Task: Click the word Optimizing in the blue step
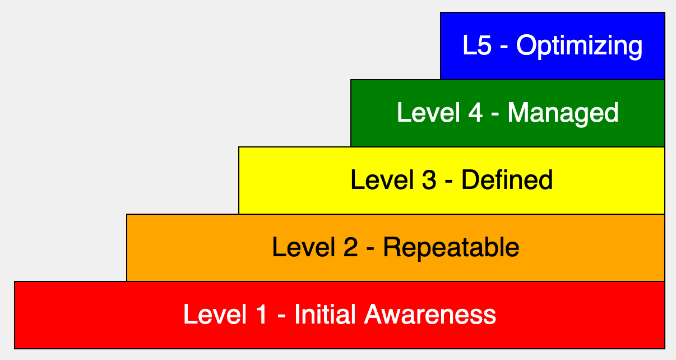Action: tap(579, 47)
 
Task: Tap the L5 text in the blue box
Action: tap(477, 45)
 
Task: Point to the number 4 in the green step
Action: tap(475, 112)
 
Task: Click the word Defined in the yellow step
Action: tap(507, 179)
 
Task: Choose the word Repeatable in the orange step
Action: tap(451, 248)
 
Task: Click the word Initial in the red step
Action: tap(325, 315)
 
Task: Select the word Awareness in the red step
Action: tap(430, 315)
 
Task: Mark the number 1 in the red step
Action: tap(261, 315)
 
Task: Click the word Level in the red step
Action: tap(215, 315)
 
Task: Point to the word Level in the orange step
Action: tap(304, 247)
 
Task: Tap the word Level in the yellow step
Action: tap(382, 179)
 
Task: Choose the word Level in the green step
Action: tap(429, 112)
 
